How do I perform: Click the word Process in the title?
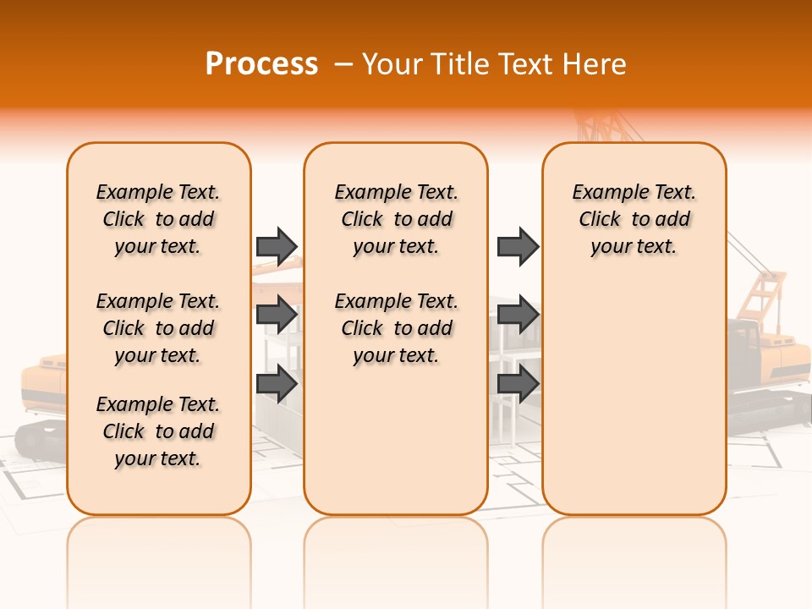(x=261, y=64)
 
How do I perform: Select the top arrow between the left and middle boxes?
(x=277, y=246)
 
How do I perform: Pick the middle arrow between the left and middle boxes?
(x=277, y=315)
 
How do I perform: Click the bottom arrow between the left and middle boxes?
(x=277, y=383)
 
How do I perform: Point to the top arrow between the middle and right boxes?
(x=518, y=246)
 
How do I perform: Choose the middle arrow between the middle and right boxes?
(x=518, y=315)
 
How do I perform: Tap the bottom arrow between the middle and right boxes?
(x=518, y=383)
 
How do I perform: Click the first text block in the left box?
(x=158, y=219)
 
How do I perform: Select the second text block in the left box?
(x=158, y=328)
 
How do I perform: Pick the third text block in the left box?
(x=158, y=431)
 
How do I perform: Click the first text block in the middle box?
(x=396, y=219)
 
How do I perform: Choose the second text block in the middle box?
(x=396, y=328)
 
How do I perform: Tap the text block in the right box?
(x=634, y=219)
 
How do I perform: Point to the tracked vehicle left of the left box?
(x=42, y=398)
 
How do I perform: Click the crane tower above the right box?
(x=592, y=127)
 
